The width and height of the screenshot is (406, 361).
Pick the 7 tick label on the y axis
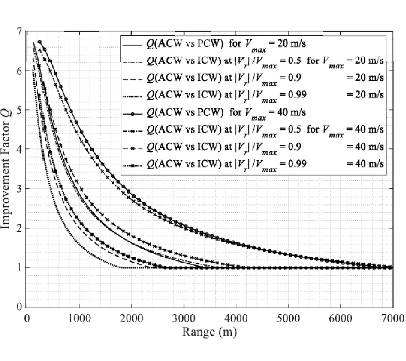[18, 32]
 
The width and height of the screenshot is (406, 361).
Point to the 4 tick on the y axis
[18, 149]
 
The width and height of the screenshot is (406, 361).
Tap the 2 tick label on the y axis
[18, 228]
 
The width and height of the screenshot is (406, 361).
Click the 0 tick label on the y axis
[18, 307]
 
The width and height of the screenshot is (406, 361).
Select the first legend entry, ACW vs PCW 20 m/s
[253, 46]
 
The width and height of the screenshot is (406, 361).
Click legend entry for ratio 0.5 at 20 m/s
[253, 60]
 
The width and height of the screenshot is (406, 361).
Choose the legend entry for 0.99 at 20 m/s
[253, 94]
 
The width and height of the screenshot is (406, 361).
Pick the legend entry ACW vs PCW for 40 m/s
[253, 112]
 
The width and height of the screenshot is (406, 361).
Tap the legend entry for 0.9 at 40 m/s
[253, 147]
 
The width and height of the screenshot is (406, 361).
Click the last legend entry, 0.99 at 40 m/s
[253, 164]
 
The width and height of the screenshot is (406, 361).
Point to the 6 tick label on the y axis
[18, 71]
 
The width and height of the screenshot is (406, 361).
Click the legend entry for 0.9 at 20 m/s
[253, 77]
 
